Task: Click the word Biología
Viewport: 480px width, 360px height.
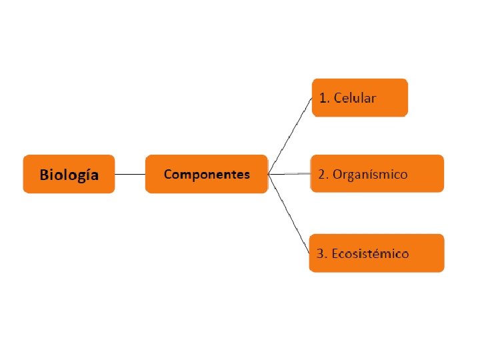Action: click(x=69, y=175)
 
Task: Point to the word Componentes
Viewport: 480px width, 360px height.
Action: click(x=207, y=175)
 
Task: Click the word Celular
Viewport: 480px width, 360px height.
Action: click(x=355, y=99)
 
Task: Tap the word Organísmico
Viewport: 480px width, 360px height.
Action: click(x=371, y=175)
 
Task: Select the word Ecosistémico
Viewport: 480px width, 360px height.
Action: click(x=371, y=254)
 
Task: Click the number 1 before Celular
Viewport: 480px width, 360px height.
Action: click(x=323, y=99)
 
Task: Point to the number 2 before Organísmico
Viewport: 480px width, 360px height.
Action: click(x=322, y=175)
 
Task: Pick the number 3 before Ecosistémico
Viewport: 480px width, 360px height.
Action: click(x=321, y=254)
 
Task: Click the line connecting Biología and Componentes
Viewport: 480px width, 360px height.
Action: click(x=130, y=175)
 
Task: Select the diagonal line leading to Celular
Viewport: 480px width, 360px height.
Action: click(x=289, y=136)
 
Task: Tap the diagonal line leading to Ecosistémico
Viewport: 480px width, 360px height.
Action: click(x=289, y=214)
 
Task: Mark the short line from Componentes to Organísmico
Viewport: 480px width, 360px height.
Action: click(x=289, y=174)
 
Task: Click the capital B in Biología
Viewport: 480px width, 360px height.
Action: click(x=45, y=175)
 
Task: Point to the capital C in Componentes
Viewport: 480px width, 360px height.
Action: click(x=169, y=175)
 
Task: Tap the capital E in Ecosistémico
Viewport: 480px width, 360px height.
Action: click(x=335, y=254)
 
